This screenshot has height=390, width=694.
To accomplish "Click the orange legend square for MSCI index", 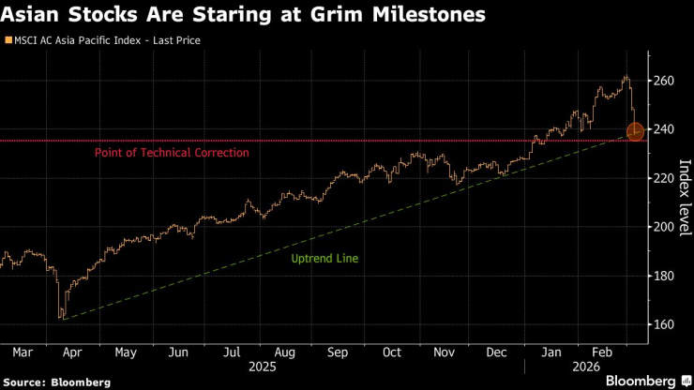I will coord(8,41).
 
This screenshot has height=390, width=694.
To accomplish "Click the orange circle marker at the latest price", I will coord(635,131).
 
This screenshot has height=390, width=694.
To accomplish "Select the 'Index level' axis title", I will coord(685,197).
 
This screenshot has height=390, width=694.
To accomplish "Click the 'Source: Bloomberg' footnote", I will coord(56,382).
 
